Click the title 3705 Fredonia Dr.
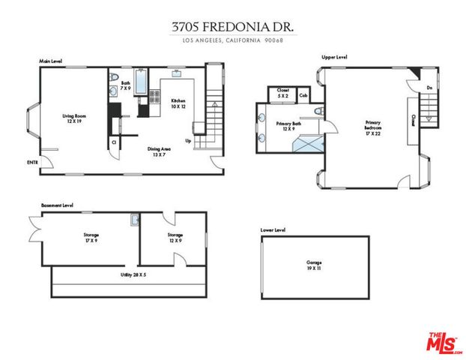(232, 26)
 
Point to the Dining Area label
(158, 151)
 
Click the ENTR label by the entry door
(32, 163)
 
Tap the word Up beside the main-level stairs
(188, 140)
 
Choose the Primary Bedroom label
(372, 125)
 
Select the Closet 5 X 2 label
(283, 92)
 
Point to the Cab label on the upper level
(303, 95)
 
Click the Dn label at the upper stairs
(429, 88)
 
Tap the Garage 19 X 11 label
(315, 265)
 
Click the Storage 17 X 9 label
(91, 237)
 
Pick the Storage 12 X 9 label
(175, 237)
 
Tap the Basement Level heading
(57, 204)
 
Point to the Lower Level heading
(273, 230)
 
